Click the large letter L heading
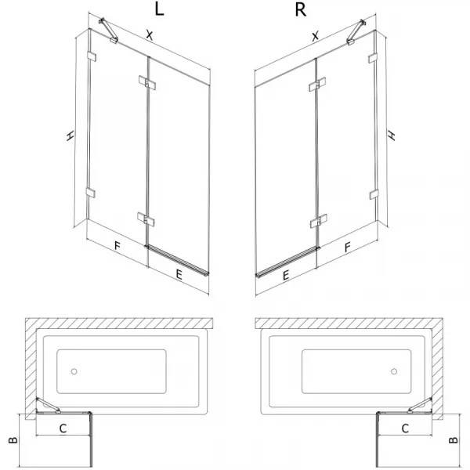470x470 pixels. [x=159, y=9]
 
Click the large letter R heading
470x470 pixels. [x=301, y=10]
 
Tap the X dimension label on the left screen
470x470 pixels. [x=150, y=35]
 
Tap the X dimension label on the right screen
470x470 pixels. [x=315, y=36]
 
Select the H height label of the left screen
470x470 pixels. [x=70, y=136]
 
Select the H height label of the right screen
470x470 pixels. [x=392, y=136]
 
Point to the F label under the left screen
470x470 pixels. [x=117, y=246]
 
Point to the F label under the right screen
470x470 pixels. [x=347, y=247]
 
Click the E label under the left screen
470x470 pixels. [x=179, y=275]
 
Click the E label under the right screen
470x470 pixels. [x=286, y=275]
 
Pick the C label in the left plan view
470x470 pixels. [x=63, y=428]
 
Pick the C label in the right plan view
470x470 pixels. [x=405, y=428]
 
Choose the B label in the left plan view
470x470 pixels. [x=13, y=440]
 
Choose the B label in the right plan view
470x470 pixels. [x=454, y=439]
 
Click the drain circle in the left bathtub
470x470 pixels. [x=74, y=371]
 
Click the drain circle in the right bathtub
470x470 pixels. [x=394, y=371]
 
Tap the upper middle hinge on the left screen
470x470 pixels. [x=147, y=82]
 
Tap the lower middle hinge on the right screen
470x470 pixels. [x=318, y=221]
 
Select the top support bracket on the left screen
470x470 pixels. [x=108, y=31]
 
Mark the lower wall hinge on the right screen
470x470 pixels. [x=374, y=194]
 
